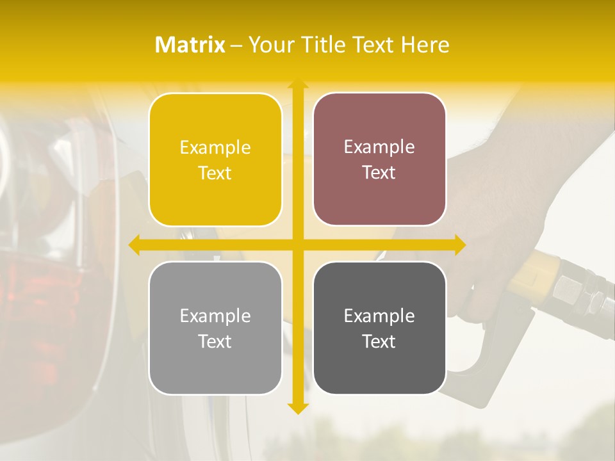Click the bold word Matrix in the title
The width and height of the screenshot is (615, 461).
190,45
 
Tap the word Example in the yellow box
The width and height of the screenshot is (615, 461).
215,148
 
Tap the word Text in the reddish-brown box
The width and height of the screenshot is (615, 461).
379,173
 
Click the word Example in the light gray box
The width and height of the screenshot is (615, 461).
215,316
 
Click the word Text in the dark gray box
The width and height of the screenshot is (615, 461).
379,341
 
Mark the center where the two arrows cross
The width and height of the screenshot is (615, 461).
297,245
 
